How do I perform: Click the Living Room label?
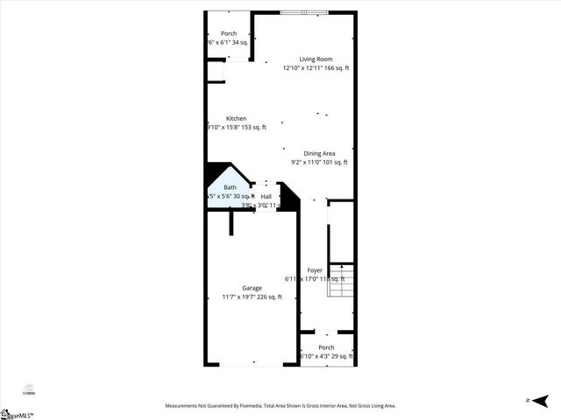coord(315,59)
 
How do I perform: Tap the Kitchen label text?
coord(236,118)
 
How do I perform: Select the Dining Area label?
coord(319,153)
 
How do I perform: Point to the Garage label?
coord(252,289)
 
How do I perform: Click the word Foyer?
coord(315,270)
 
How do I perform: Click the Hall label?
coord(266,197)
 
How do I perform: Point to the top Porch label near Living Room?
coord(228,33)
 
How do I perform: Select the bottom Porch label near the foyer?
coord(326,347)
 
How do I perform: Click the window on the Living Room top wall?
coord(306,11)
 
